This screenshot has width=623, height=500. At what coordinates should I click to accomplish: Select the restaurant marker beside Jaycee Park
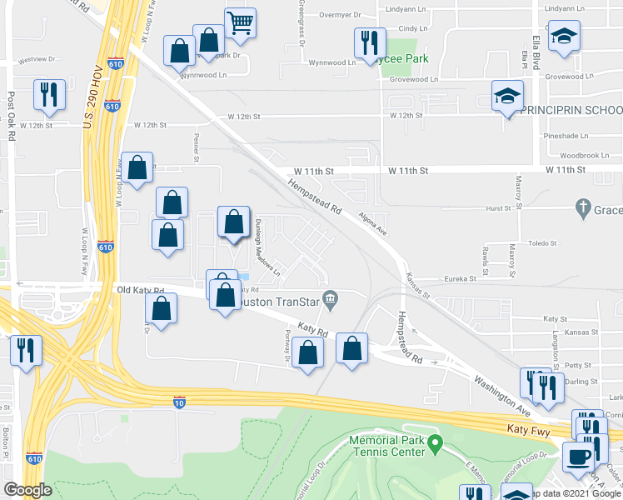pyautogui.click(x=368, y=43)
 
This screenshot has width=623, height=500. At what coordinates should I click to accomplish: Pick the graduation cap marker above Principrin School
pyautogui.click(x=506, y=96)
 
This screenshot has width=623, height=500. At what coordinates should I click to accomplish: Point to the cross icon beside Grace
pyautogui.click(x=583, y=210)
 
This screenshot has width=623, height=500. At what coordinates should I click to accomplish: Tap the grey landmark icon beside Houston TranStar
pyautogui.click(x=330, y=298)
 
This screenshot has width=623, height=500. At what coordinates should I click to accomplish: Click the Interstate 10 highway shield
pyautogui.click(x=179, y=402)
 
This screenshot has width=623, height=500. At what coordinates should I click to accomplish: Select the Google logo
pyautogui.click(x=28, y=490)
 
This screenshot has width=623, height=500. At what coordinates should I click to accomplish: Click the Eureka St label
pyautogui.click(x=459, y=279)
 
